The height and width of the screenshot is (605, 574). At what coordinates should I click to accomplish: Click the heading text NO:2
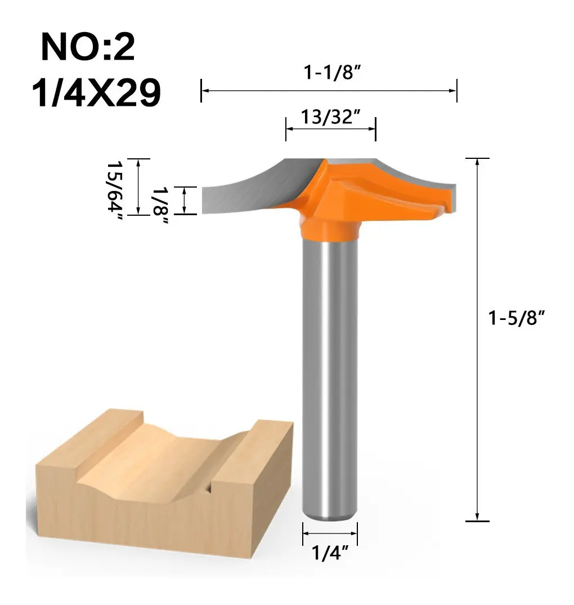pyautogui.click(x=88, y=47)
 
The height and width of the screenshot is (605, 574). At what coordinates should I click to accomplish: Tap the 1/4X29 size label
pyautogui.click(x=96, y=92)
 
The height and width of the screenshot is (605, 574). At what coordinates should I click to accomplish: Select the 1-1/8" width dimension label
pyautogui.click(x=332, y=73)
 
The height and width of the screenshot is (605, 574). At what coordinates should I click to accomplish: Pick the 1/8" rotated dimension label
pyautogui.click(x=160, y=206)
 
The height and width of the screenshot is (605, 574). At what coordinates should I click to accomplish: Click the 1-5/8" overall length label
pyautogui.click(x=516, y=318)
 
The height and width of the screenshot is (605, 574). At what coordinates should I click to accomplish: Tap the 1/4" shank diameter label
pyautogui.click(x=330, y=553)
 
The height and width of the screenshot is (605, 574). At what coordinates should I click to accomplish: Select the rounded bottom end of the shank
pyautogui.click(x=330, y=515)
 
